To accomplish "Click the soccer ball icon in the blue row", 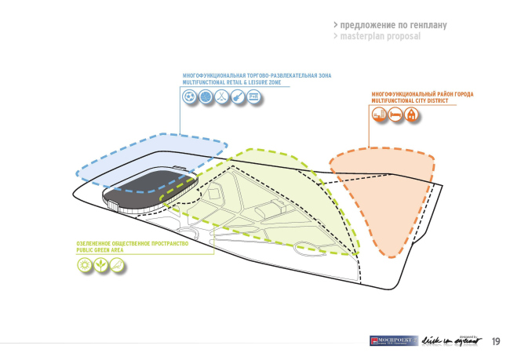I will [x=189, y=97].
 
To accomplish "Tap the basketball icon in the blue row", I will [x=206, y=97].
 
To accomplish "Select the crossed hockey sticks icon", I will [x=221, y=97].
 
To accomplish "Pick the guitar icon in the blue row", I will [x=237, y=97].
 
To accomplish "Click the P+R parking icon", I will [x=253, y=97].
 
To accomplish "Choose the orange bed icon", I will [x=395, y=115].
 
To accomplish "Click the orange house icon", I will [x=412, y=115].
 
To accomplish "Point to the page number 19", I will [x=496, y=341].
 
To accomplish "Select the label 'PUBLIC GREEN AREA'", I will [x=103, y=250].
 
